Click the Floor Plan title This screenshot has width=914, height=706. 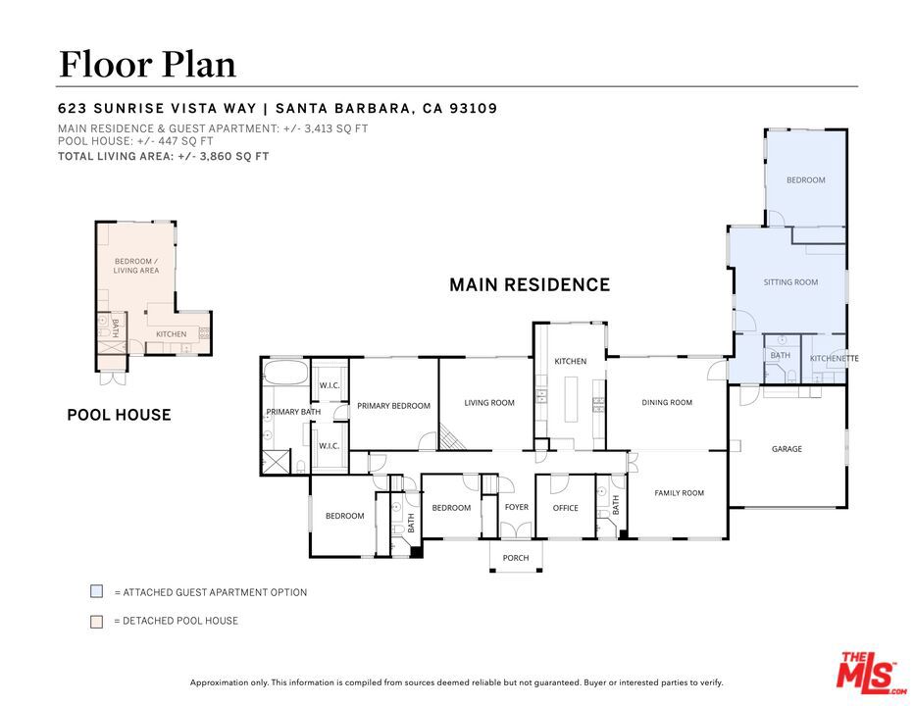(147, 64)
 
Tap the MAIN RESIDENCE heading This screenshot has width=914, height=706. (530, 284)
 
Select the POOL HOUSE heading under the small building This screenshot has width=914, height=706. (119, 415)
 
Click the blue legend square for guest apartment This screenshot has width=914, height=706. (97, 591)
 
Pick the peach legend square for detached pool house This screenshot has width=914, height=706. (97, 621)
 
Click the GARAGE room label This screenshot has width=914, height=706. (787, 449)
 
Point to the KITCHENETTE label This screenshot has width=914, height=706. (835, 358)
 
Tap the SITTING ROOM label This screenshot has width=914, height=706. (790, 282)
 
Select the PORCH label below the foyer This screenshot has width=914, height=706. (516, 558)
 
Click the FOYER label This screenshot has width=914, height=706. (517, 507)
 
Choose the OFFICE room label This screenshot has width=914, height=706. (566, 508)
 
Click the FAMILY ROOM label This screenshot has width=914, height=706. (679, 492)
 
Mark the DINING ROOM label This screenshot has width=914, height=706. (667, 402)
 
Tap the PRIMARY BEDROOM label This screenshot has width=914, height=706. (393, 406)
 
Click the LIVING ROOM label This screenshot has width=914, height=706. (489, 402)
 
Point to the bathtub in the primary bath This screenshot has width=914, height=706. (285, 372)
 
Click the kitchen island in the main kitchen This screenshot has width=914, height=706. (571, 399)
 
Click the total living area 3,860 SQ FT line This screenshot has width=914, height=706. (163, 156)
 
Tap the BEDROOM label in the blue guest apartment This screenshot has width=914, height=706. (805, 180)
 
